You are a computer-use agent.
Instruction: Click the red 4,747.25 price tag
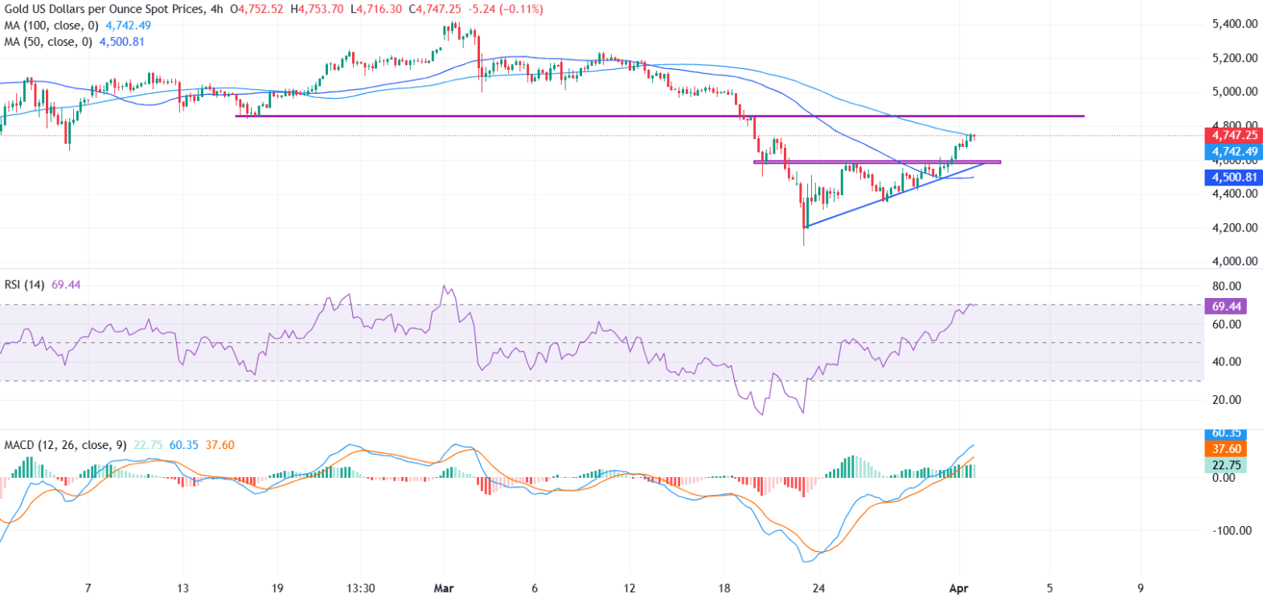[x=1235, y=135]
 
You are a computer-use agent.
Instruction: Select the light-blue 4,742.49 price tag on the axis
[x=1235, y=152]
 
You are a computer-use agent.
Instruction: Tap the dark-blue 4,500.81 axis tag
[x=1235, y=178]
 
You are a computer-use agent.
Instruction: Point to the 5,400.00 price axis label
[x=1235, y=24]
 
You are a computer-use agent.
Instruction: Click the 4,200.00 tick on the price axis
[x=1235, y=227]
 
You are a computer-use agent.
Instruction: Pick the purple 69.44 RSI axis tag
[x=1227, y=306]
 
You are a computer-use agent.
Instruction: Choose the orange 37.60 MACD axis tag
[x=1227, y=449]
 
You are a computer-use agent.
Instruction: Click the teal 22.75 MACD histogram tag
[x=1227, y=465]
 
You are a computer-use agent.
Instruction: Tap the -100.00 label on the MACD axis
[x=1231, y=530]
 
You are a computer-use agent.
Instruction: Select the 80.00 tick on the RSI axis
[x=1227, y=286]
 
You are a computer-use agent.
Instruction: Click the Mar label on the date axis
[x=444, y=588]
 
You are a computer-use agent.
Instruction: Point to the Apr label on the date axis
[x=959, y=588]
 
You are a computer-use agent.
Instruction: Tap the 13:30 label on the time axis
[x=360, y=588]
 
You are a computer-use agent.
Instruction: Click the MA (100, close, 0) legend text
[x=51, y=26]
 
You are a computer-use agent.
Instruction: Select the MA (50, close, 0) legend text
[x=48, y=42]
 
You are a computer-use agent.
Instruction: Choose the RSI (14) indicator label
[x=24, y=284]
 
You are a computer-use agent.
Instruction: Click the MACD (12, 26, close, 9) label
[x=65, y=445]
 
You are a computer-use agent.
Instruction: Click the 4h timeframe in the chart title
[x=215, y=10]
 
